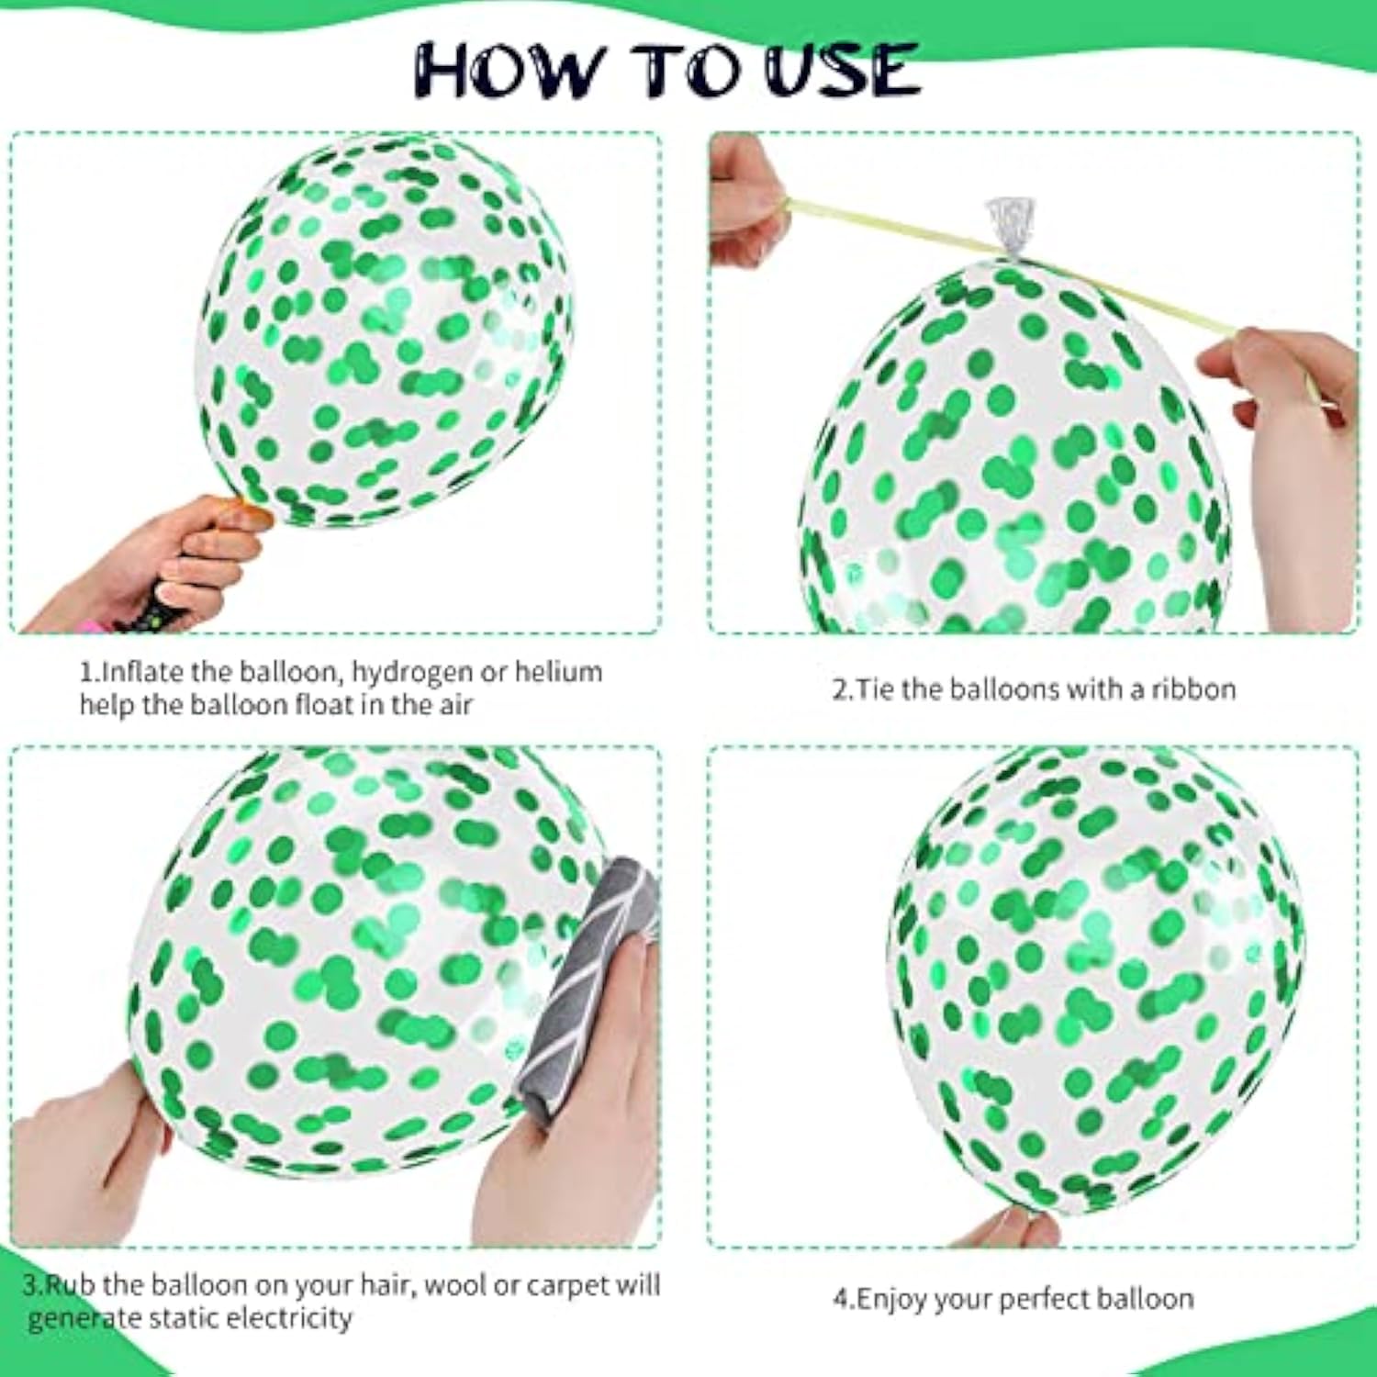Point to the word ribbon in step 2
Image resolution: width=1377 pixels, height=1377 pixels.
(x=1193, y=688)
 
